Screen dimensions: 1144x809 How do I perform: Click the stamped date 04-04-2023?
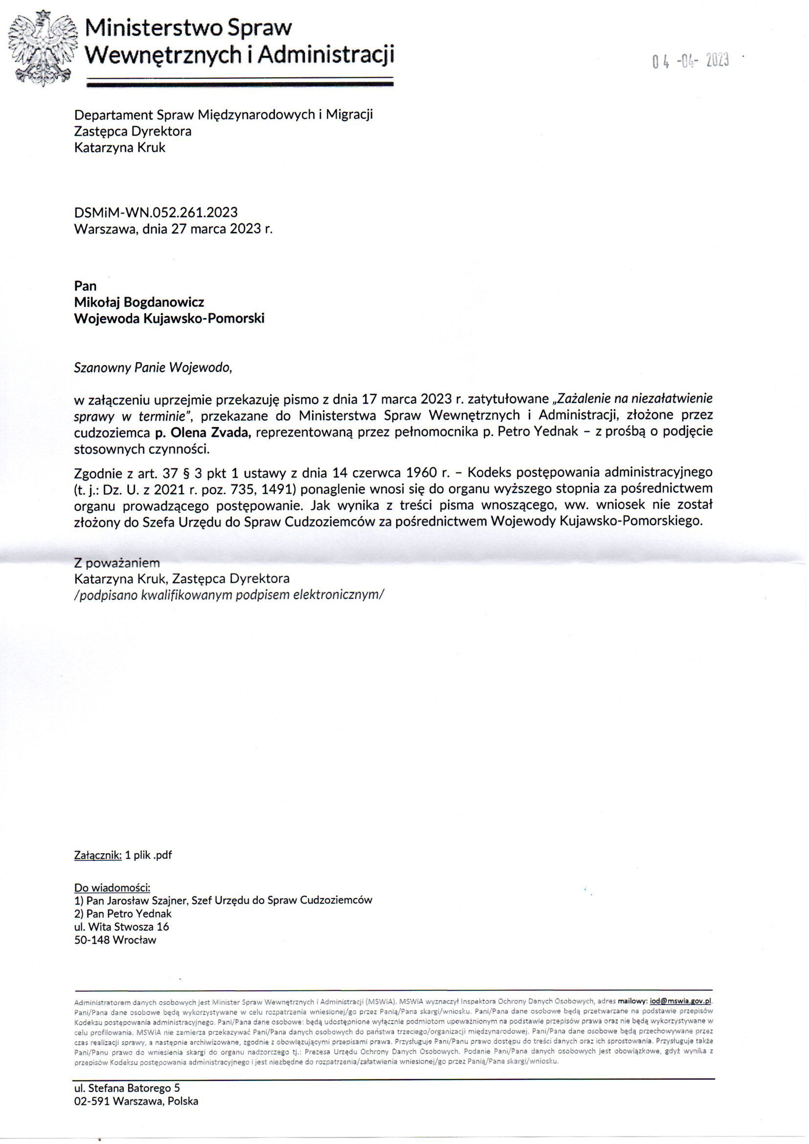(x=691, y=61)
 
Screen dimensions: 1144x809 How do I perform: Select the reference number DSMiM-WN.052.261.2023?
(x=156, y=212)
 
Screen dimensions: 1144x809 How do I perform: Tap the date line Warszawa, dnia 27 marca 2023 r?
(x=173, y=229)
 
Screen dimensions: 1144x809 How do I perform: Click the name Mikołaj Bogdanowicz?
(x=139, y=302)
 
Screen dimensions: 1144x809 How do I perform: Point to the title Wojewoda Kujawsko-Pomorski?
(x=169, y=319)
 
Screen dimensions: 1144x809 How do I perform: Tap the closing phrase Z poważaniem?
(x=117, y=563)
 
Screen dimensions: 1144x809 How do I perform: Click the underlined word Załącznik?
(x=98, y=855)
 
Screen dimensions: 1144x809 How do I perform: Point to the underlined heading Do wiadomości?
(x=112, y=888)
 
